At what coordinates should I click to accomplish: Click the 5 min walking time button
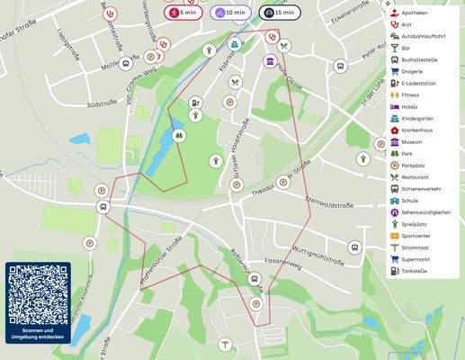183,13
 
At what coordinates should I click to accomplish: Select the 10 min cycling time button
230,13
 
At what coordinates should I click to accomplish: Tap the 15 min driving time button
279,13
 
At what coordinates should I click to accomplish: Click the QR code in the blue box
38,293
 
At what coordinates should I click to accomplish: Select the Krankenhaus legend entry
419,130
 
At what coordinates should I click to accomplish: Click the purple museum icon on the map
269,60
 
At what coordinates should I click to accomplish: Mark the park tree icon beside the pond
178,135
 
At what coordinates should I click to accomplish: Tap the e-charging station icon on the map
195,103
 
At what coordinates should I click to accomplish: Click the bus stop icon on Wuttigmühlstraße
354,247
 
